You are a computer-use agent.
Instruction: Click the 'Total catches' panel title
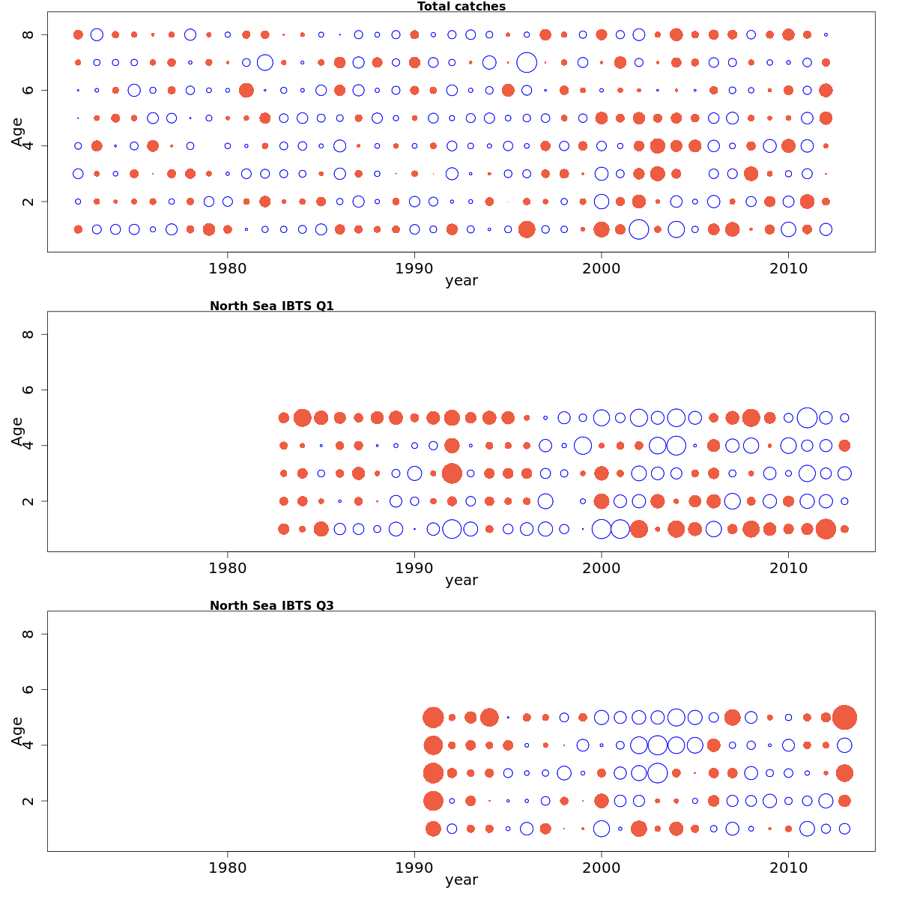(x=461, y=7)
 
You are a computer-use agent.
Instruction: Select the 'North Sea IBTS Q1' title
(x=271, y=306)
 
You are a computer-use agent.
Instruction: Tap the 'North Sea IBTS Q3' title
(x=271, y=605)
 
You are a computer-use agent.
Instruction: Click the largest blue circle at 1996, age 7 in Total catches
(x=527, y=62)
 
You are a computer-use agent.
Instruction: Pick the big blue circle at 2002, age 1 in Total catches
(x=638, y=229)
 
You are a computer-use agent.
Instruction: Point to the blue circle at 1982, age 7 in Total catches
(x=264, y=62)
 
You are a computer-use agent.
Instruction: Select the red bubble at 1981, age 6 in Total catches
(x=246, y=90)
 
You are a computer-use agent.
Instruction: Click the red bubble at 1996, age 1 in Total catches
(x=527, y=229)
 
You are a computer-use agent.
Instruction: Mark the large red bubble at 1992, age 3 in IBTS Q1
(x=452, y=473)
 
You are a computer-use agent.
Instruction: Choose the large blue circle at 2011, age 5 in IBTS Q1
(x=807, y=417)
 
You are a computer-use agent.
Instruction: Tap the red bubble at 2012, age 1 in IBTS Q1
(x=826, y=529)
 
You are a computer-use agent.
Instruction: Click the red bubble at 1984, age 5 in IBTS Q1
(x=303, y=417)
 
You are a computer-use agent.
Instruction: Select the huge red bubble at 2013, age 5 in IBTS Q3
(x=844, y=717)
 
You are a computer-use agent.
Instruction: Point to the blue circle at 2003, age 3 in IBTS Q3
(x=657, y=773)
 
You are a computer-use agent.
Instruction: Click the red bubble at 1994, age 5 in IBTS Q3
(x=489, y=717)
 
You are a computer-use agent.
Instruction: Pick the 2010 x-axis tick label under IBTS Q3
(x=788, y=868)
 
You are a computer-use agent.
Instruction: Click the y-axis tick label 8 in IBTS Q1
(x=28, y=334)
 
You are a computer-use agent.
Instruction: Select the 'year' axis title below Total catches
(x=461, y=281)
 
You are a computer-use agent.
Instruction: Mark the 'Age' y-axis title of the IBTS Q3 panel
(x=17, y=730)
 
